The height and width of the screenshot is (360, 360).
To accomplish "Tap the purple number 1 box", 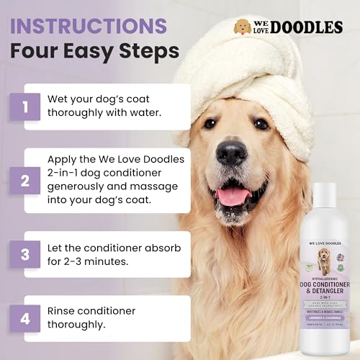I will click(26, 108).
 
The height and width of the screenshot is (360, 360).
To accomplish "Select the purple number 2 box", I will click(26, 180).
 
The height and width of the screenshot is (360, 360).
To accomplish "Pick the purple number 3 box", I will click(26, 254).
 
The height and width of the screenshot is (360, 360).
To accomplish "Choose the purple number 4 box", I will click(26, 317).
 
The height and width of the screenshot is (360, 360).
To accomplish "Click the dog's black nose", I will click(231, 153).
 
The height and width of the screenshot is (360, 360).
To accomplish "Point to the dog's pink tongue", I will click(233, 197).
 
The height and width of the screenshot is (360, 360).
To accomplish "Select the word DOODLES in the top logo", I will click(305, 27).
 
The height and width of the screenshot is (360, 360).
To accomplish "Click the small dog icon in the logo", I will click(243, 27).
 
